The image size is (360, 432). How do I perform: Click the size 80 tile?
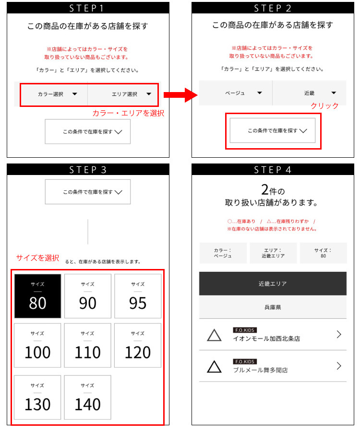(37, 296)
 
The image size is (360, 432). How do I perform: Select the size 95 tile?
(138, 296)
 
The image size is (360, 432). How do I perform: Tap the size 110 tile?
(87, 345)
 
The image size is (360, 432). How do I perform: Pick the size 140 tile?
(87, 397)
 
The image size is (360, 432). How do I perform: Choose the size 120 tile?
(138, 345)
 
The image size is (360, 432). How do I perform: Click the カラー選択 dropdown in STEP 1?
(54, 94)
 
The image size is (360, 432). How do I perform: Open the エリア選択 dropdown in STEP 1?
(123, 94)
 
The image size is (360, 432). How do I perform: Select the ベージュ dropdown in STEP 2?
(236, 93)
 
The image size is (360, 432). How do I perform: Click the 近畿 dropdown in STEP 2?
(309, 93)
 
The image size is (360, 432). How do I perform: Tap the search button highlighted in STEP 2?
(273, 130)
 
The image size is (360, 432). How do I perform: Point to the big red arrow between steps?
(180, 95)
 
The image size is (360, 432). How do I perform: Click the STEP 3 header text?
(88, 170)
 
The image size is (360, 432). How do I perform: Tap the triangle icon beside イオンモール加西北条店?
(215, 335)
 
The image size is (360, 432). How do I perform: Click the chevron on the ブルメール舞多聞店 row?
(339, 366)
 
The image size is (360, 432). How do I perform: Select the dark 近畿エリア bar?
(273, 284)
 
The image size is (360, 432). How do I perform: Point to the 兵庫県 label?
(273, 307)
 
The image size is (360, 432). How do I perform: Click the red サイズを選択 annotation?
(37, 258)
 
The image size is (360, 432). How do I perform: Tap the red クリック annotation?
(324, 106)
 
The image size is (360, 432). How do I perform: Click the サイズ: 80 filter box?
(323, 253)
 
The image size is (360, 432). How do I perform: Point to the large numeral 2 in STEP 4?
(265, 190)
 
